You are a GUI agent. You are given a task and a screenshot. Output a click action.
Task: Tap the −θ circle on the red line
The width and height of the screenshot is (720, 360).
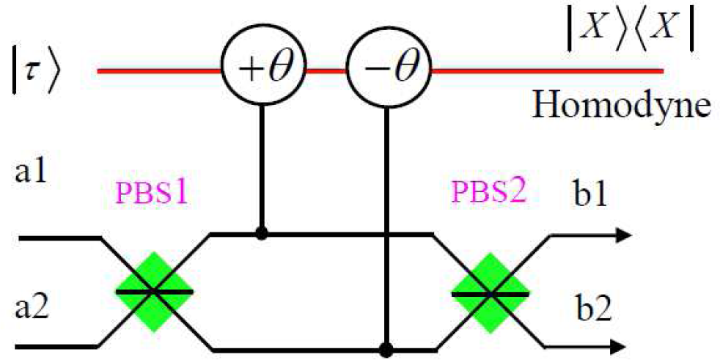[x=383, y=71]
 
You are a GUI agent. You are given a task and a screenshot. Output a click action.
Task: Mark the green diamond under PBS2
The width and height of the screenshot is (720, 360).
[x=490, y=292]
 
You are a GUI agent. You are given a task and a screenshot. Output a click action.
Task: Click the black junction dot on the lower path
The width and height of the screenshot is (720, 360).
[x=383, y=345]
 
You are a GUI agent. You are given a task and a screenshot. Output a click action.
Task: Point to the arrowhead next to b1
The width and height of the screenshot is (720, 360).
[x=622, y=235]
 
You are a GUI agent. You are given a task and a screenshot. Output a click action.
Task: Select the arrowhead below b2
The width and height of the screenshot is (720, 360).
[x=622, y=345]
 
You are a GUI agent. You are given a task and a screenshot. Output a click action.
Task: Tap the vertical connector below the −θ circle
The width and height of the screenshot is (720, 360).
[x=383, y=220]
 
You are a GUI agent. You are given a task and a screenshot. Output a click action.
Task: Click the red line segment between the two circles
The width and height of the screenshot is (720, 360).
[x=323, y=71]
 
